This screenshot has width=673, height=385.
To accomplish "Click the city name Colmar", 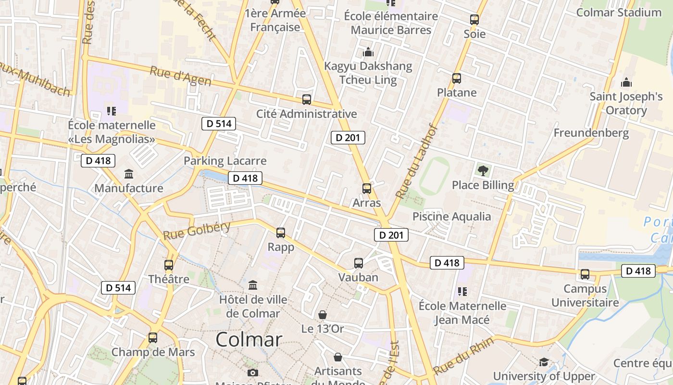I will (x=249, y=340).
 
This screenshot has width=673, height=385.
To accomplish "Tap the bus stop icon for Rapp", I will (x=281, y=233).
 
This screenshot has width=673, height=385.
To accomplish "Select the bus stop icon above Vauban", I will (x=359, y=263).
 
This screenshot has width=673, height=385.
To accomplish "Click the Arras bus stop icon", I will (x=367, y=189).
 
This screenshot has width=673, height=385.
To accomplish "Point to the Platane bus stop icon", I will (x=457, y=78).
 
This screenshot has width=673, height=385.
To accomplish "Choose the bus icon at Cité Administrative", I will (x=307, y=100).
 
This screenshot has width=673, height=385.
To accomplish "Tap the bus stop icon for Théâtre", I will (x=169, y=265).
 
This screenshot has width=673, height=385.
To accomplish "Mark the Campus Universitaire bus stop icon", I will (x=585, y=274).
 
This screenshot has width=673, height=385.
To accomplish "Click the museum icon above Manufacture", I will (x=129, y=174).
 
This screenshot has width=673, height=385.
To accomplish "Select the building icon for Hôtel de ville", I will (x=253, y=285).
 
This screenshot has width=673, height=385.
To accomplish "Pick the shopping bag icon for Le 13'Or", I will (x=323, y=315).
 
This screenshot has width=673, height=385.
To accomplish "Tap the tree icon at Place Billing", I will (x=483, y=170).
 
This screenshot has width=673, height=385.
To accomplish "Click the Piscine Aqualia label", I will (x=452, y=217).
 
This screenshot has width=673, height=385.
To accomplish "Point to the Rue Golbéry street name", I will (x=197, y=231).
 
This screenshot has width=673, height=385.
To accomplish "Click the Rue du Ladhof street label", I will (x=416, y=162).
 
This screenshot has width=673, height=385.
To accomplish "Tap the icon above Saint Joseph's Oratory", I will (x=626, y=82).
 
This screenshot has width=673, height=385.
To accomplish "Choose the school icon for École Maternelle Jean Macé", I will (x=462, y=291).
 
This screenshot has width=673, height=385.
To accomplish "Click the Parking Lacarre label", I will (x=225, y=161).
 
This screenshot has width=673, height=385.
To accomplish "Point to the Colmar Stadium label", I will (x=619, y=13).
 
